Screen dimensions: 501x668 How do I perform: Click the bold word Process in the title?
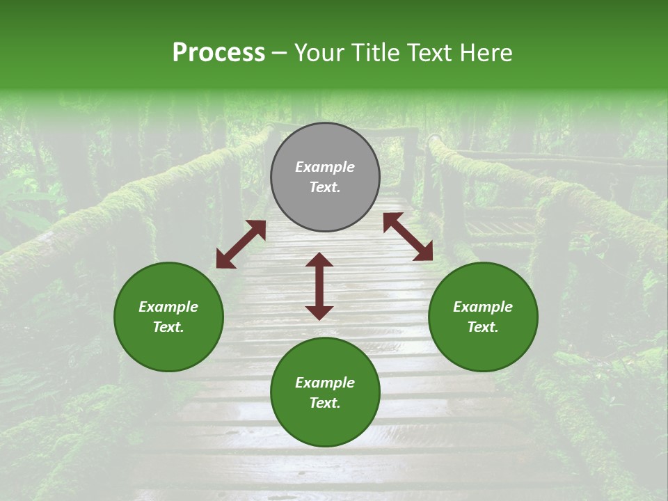[218, 53]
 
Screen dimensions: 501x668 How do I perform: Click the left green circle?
[168, 317]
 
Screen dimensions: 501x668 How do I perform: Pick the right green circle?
[483, 317]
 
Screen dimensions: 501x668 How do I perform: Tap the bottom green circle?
[325, 392]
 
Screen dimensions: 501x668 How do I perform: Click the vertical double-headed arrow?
[319, 286]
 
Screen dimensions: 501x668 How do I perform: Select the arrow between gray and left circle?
[241, 244]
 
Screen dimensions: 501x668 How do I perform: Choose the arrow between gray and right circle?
[408, 237]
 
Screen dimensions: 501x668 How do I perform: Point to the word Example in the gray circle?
[325, 167]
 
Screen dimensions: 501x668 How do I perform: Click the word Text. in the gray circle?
[325, 187]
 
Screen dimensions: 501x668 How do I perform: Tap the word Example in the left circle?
[168, 307]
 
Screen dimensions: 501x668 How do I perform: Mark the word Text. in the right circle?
[483, 327]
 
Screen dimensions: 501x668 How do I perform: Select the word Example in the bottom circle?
[325, 383]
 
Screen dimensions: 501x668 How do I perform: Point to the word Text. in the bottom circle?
[325, 403]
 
